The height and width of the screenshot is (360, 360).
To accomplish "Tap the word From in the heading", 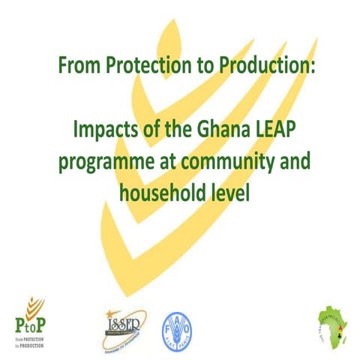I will click(x=76, y=65).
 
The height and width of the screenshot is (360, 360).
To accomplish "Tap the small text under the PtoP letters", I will click(x=34, y=341).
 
